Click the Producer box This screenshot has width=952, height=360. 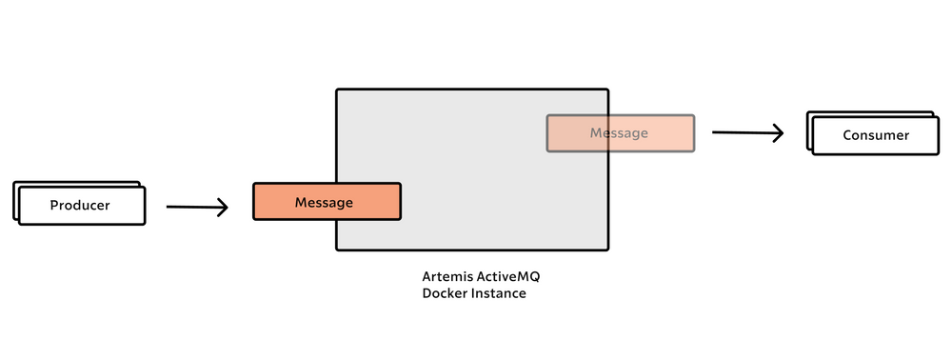(81, 205)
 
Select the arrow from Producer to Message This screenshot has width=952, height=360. (196, 207)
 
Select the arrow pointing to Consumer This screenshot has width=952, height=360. (746, 133)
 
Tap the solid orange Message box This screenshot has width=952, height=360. (327, 202)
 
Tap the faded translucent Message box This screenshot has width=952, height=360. (620, 133)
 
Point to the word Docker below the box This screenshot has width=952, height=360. (445, 293)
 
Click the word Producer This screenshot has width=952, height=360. (81, 206)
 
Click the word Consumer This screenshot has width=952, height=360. (876, 135)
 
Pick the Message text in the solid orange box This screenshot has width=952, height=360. (324, 202)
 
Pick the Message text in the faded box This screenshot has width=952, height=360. (619, 133)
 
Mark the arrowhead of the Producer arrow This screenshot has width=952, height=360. (225, 208)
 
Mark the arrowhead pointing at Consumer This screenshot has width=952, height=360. (779, 133)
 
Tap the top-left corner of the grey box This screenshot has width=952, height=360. (337, 90)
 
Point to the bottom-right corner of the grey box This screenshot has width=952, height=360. (607, 250)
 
